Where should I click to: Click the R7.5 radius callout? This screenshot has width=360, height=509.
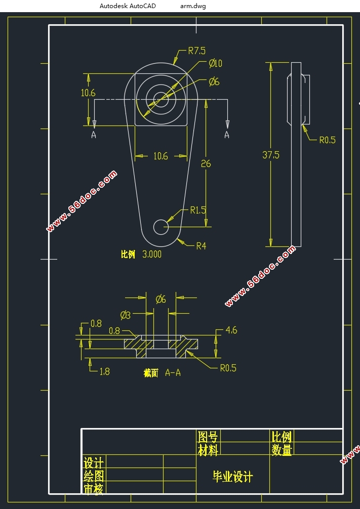pyautogui.click(x=197, y=51)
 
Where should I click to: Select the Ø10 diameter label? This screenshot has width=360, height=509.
pyautogui.click(x=215, y=63)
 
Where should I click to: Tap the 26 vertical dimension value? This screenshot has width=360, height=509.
pyautogui.click(x=206, y=164)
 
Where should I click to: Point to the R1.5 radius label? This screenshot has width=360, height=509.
pyautogui.click(x=198, y=210)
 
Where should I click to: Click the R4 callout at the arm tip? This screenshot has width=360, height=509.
pyautogui.click(x=201, y=246)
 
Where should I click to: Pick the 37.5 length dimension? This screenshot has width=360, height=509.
pyautogui.click(x=271, y=155)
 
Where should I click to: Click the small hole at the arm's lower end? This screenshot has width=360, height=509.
pyautogui.click(x=161, y=227)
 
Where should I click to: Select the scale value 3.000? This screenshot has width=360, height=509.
pyautogui.click(x=152, y=254)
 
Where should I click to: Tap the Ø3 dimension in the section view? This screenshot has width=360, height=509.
pyautogui.click(x=126, y=315)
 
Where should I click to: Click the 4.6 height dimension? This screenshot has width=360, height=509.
pyautogui.click(x=231, y=330)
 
